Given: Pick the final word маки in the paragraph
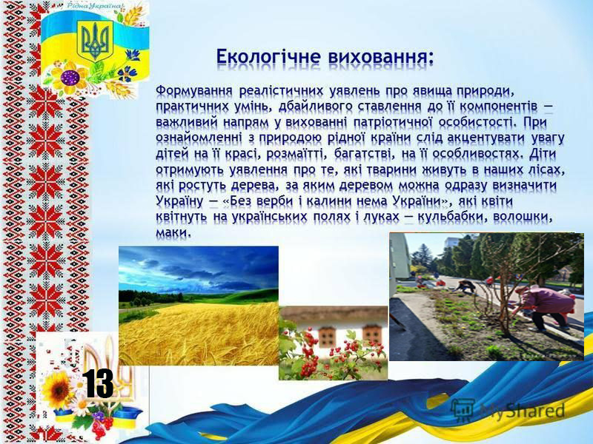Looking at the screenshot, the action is click(172, 232).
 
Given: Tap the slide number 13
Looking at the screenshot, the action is click(98, 383).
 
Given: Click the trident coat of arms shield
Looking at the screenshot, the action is click(95, 41).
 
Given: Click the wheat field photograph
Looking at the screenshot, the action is click(199, 306).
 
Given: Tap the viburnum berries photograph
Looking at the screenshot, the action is click(333, 343).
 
